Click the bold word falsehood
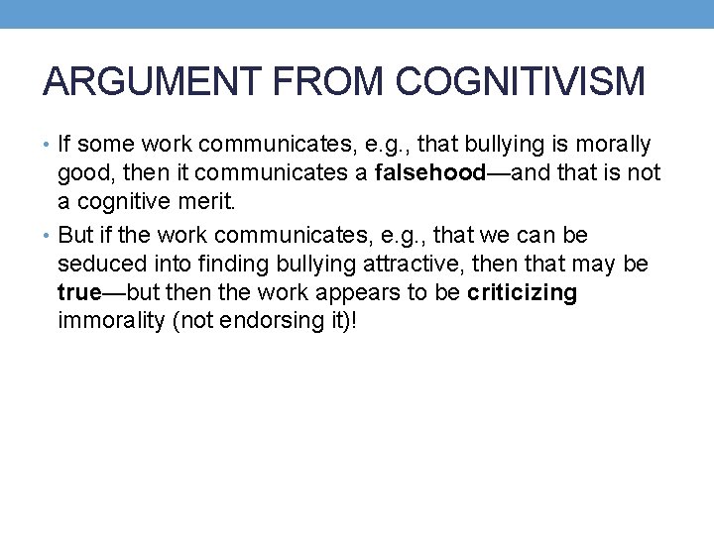coord(429,174)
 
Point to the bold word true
coord(79,294)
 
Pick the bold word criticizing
coord(522,294)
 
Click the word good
coord(82,174)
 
